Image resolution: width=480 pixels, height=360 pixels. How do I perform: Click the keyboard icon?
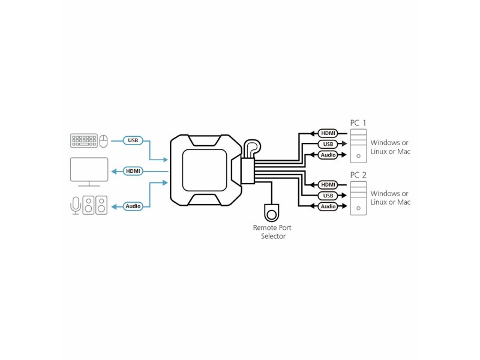[84, 140]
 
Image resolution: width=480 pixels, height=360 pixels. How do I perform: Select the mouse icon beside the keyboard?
[104, 142]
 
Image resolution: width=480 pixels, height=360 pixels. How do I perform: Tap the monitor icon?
[89, 172]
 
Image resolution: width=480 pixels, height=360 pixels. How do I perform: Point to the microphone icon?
[76, 205]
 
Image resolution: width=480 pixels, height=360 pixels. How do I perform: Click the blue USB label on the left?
[133, 140]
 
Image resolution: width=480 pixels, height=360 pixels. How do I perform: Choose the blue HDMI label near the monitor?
[133, 171]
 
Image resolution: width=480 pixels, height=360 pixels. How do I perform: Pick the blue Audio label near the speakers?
[133, 206]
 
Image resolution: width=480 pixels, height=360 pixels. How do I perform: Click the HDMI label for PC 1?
[328, 133]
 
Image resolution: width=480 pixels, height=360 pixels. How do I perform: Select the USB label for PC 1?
[328, 144]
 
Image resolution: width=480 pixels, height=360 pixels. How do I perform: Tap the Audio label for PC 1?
[328, 155]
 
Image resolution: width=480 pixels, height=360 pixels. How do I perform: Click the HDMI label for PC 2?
[328, 185]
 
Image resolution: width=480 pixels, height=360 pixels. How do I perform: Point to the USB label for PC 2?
[328, 196]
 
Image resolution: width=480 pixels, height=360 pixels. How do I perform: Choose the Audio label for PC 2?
[328, 206]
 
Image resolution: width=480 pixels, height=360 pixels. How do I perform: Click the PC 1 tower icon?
[358, 146]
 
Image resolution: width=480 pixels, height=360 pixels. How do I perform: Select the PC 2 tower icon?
[358, 198]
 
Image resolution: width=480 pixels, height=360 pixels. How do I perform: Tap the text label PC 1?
[358, 123]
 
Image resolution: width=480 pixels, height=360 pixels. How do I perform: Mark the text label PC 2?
[358, 175]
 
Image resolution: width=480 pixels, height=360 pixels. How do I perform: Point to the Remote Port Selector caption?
[272, 232]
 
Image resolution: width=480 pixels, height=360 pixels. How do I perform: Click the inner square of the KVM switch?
[205, 170]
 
